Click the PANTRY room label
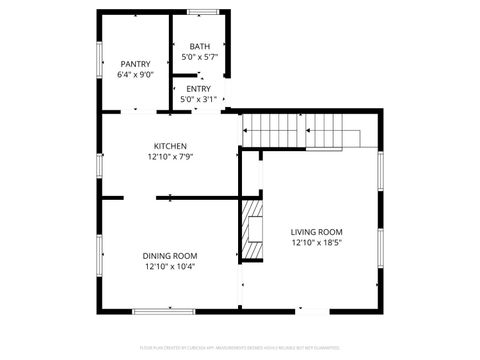click(x=135, y=64)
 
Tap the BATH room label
click(x=200, y=46)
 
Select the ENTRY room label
click(x=198, y=89)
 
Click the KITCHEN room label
click(x=170, y=146)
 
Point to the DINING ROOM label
click(x=170, y=256)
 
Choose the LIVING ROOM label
click(x=317, y=231)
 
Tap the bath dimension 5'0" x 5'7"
click(x=200, y=57)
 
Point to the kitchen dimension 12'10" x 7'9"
click(x=170, y=157)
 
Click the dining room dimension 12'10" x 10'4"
click(x=170, y=267)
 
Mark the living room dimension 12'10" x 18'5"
click(x=317, y=242)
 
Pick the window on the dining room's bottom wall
click(x=164, y=312)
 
